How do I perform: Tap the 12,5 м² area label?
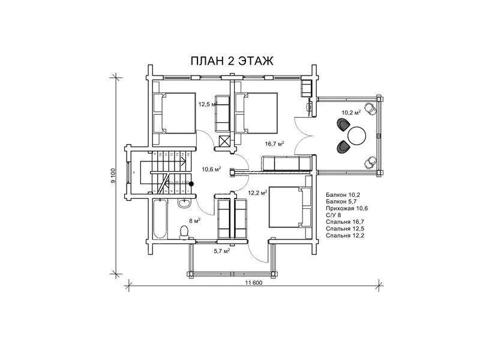coord(207,104)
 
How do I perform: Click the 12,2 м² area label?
coord(257,193)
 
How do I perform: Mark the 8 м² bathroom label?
coord(194,220)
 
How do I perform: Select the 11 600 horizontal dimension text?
coord(253,283)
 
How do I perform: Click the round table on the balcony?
coord(356,135)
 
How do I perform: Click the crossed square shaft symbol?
coord(225,141)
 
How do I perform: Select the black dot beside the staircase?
coord(191,184)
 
